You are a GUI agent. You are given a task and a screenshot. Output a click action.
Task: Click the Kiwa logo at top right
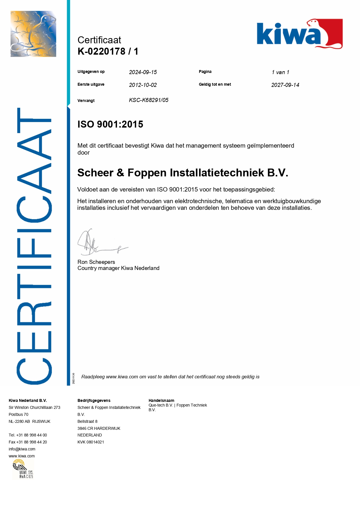(x=299, y=34)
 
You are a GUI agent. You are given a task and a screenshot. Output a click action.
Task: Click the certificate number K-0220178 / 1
(x=108, y=51)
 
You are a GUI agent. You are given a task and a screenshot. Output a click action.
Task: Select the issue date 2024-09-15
(x=143, y=72)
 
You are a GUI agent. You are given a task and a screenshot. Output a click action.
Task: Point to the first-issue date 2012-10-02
(x=143, y=85)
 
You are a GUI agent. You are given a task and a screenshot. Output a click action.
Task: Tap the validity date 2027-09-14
(x=285, y=85)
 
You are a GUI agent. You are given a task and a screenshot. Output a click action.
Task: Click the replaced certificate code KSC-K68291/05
(x=149, y=100)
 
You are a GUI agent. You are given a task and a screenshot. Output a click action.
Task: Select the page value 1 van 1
(x=280, y=72)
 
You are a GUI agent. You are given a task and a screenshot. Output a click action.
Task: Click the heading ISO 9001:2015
(x=110, y=124)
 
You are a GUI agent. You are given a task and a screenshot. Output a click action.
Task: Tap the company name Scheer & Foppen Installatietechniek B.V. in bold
(x=183, y=173)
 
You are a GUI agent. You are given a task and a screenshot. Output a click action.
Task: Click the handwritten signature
(x=99, y=243)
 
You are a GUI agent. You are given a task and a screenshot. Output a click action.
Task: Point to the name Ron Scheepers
(x=96, y=262)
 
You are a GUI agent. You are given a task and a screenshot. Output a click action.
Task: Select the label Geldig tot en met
(x=215, y=84)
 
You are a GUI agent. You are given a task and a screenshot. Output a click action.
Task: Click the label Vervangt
(x=86, y=101)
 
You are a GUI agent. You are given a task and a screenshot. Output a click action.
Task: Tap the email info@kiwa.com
(x=22, y=449)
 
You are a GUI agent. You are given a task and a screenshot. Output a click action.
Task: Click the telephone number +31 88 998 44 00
(x=31, y=435)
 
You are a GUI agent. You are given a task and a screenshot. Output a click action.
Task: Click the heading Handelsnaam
(x=161, y=400)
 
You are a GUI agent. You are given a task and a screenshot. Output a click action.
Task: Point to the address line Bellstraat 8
(x=87, y=421)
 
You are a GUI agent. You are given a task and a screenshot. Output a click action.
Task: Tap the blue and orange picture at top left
(x=33, y=34)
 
